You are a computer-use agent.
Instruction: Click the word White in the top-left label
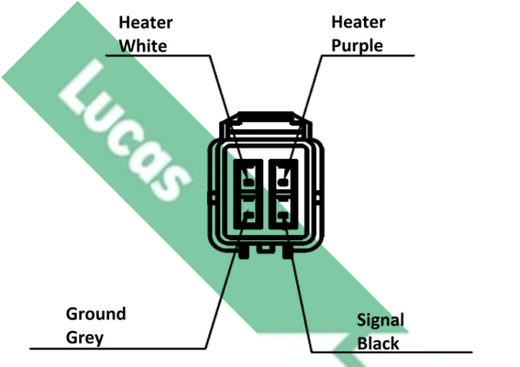(x=143, y=46)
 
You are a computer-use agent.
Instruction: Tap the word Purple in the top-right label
(x=357, y=46)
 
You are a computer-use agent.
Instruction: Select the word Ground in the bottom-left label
(x=96, y=314)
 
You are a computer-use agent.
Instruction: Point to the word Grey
(x=84, y=338)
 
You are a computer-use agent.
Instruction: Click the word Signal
(x=381, y=320)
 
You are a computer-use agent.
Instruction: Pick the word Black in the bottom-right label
(x=378, y=343)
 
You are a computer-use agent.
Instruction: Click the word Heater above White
(x=146, y=23)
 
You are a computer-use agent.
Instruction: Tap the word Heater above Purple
(x=359, y=22)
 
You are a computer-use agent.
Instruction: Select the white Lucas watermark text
(x=125, y=130)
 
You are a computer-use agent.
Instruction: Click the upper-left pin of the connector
(x=249, y=182)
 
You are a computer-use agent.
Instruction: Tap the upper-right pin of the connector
(x=282, y=182)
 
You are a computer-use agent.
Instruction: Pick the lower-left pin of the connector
(x=249, y=216)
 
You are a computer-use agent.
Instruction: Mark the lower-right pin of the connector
(x=282, y=216)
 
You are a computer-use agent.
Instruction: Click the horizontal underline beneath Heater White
(x=158, y=55)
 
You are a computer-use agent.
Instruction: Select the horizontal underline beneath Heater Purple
(x=368, y=55)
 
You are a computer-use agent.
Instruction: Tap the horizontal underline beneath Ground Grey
(x=117, y=349)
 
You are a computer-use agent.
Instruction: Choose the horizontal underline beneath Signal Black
(x=392, y=352)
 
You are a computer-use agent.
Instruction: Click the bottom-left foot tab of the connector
(x=244, y=252)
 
